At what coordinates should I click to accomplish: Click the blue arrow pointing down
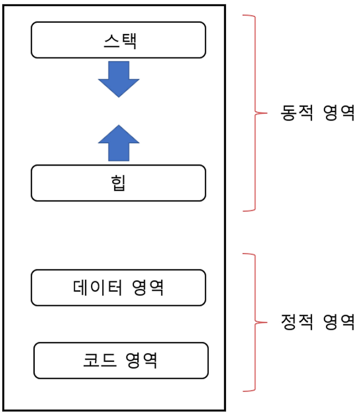(119, 79)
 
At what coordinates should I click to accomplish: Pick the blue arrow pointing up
(119, 143)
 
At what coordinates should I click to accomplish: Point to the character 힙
(119, 183)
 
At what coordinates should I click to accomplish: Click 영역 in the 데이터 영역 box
(148, 288)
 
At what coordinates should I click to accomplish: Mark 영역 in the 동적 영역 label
(339, 112)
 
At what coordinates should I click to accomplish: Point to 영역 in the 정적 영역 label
(339, 321)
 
